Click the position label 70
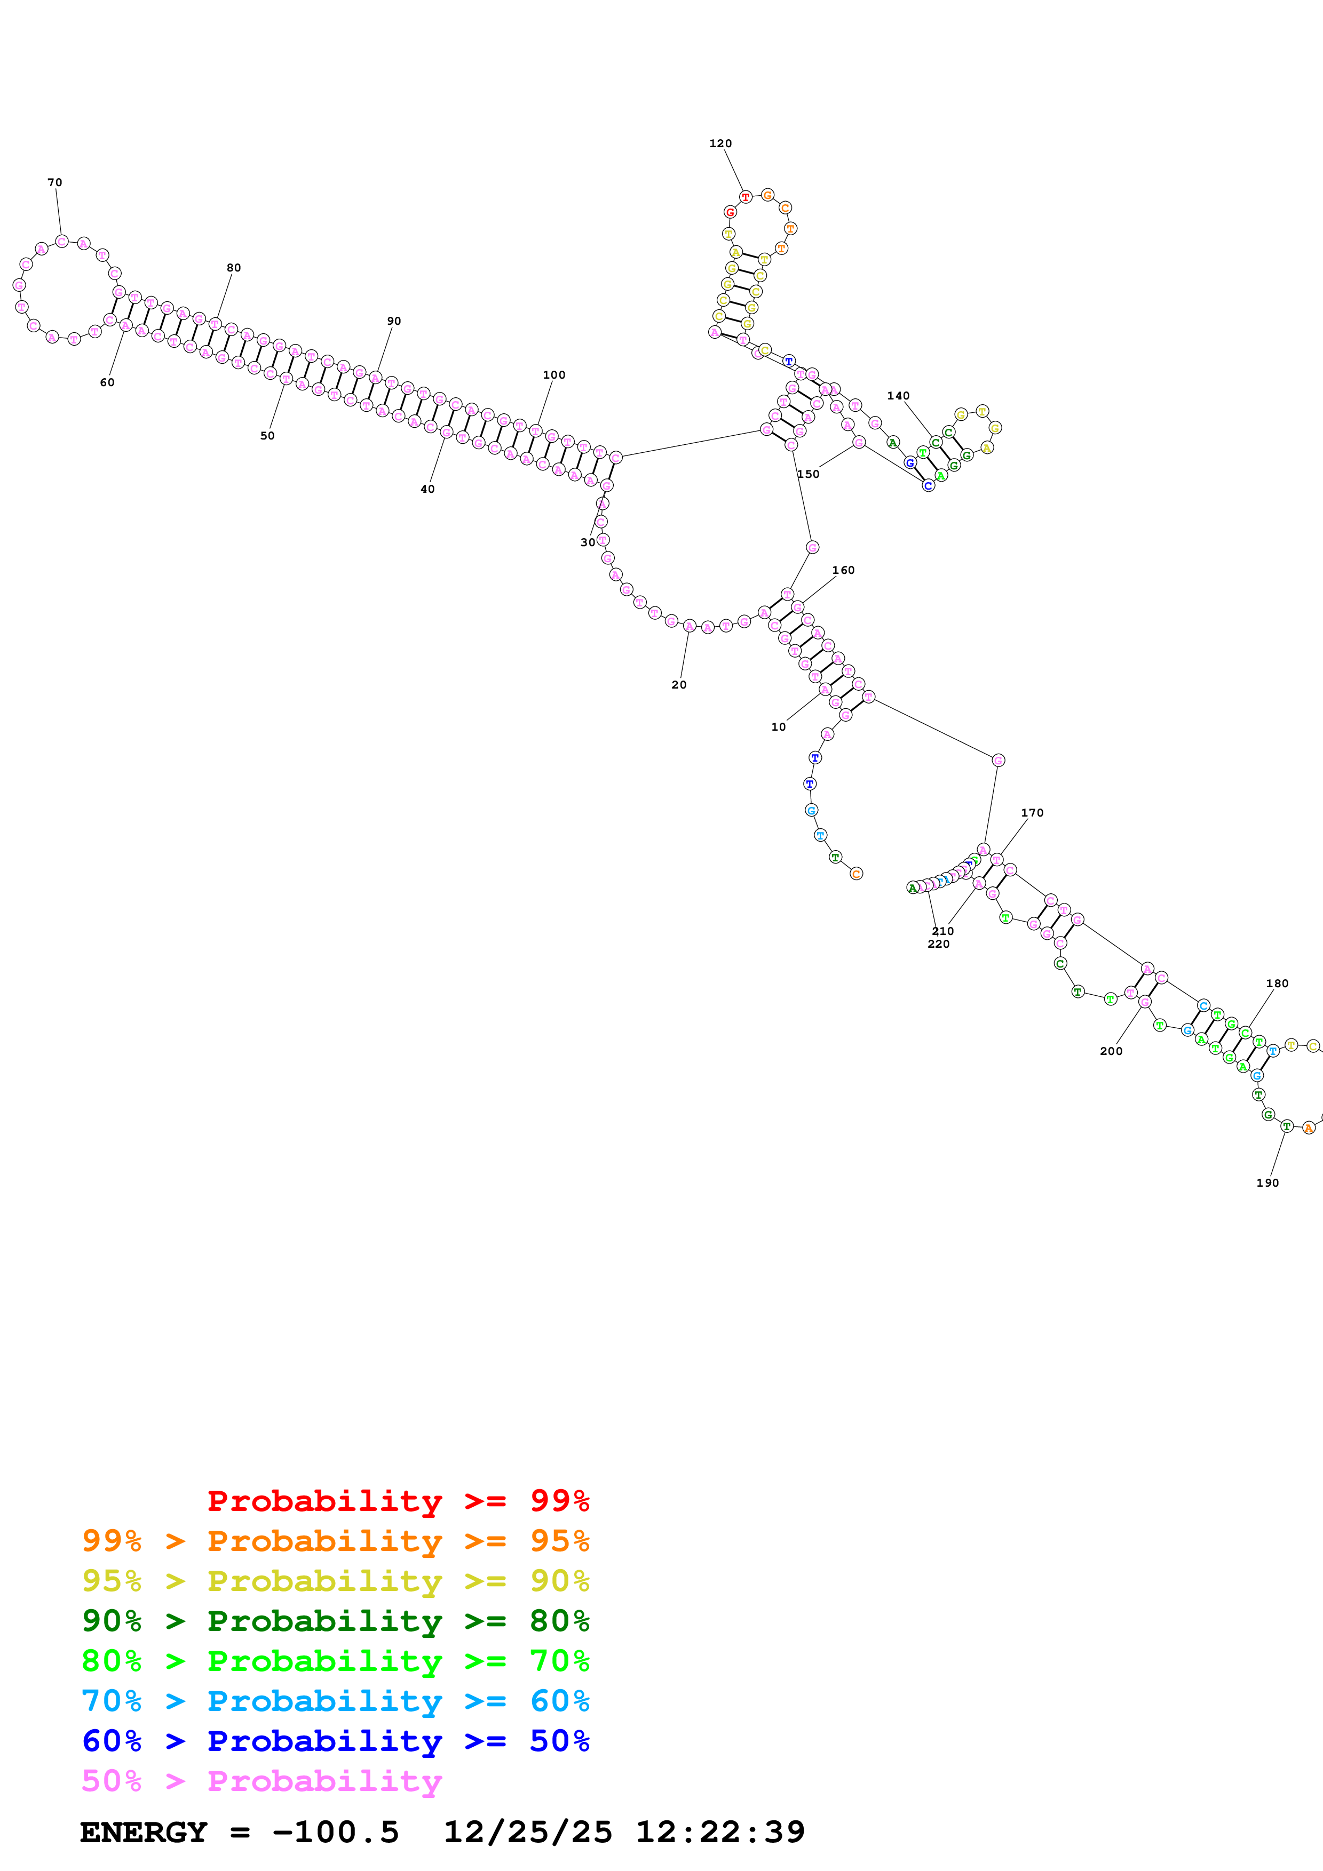click(x=54, y=182)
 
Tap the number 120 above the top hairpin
click(x=720, y=143)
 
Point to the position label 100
click(x=553, y=375)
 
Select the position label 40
click(x=427, y=489)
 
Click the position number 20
click(x=678, y=684)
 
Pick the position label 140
click(x=898, y=396)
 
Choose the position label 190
click(x=1267, y=1183)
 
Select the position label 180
click(x=1277, y=984)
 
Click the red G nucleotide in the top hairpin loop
click(x=730, y=212)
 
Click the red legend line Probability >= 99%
click(x=398, y=1501)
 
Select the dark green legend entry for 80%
click(x=335, y=1621)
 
